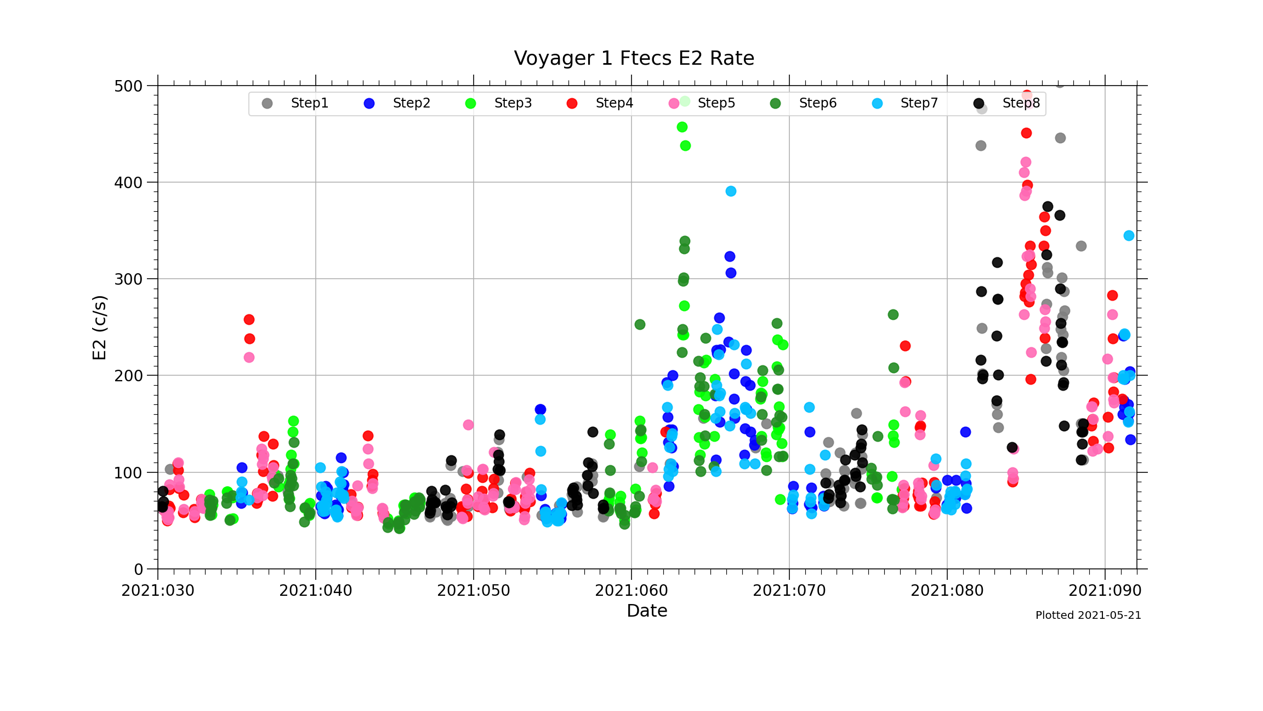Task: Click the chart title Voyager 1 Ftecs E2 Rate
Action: coord(634,58)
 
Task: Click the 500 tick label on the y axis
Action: coord(128,86)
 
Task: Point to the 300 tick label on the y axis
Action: coord(128,279)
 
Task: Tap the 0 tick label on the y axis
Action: coord(139,569)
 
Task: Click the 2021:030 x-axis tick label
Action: coord(158,591)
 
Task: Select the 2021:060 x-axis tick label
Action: coord(631,591)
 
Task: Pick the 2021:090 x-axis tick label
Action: coord(1105,591)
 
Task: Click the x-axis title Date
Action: coord(647,611)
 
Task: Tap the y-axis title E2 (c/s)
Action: coord(99,328)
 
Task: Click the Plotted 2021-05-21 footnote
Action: coord(1088,616)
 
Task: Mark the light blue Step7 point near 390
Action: coord(731,191)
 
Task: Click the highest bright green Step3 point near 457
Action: coord(682,127)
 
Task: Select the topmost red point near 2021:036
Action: coord(249,319)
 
